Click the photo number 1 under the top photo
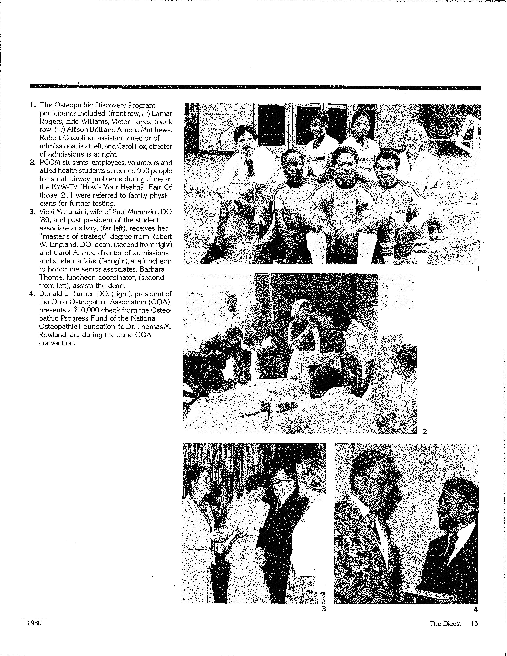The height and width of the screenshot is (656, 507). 478,269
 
